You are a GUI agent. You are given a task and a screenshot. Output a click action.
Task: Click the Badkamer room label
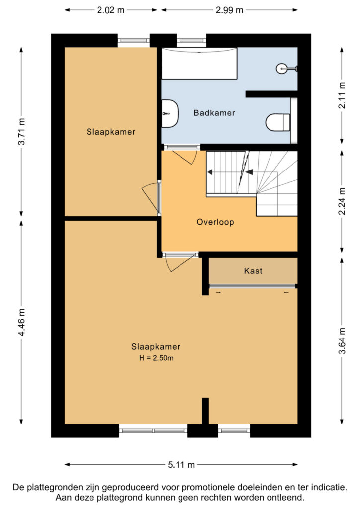(x=214, y=113)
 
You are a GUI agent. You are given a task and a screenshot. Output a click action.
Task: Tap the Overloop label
(x=215, y=222)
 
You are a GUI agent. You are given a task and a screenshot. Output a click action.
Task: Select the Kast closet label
(x=253, y=271)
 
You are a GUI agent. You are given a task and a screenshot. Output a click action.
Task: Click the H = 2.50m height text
(x=156, y=358)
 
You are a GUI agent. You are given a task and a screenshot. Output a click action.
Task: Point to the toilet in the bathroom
(x=278, y=122)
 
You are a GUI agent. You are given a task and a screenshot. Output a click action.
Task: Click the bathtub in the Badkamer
(x=199, y=63)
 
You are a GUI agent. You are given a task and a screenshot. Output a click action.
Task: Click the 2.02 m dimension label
(x=111, y=10)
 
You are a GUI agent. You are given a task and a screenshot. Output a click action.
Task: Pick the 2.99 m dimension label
(x=229, y=10)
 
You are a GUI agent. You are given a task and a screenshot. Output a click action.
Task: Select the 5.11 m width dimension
(x=181, y=465)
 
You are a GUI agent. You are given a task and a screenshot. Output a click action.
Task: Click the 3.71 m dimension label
(x=21, y=132)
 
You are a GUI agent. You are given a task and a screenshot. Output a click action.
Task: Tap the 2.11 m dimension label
(x=342, y=95)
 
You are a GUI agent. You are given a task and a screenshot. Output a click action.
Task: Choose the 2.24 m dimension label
(x=342, y=201)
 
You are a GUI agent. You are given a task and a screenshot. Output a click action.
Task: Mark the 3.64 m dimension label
(x=342, y=341)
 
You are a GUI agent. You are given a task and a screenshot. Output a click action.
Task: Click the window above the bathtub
(x=191, y=41)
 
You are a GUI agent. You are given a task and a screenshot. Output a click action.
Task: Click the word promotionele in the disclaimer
(x=208, y=487)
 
